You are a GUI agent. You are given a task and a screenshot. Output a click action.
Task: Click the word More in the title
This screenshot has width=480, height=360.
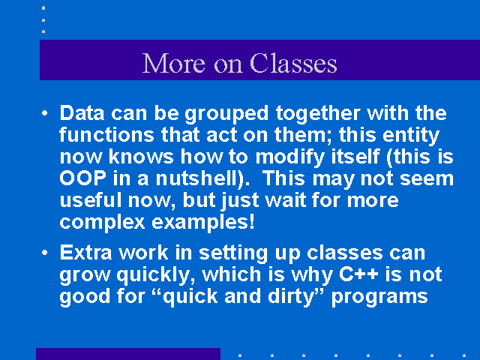tap(173, 63)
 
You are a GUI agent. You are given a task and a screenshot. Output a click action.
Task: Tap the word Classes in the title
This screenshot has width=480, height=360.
tap(293, 63)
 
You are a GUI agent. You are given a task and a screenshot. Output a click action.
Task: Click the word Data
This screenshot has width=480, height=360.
tap(82, 113)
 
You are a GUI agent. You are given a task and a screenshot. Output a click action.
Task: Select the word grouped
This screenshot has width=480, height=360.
tap(226, 115)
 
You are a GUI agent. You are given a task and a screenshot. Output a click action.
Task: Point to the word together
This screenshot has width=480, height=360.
tap(318, 115)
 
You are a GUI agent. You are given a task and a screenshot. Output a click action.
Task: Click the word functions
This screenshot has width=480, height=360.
tap(106, 135)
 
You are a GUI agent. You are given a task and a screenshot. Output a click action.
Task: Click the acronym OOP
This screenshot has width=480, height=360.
tap(83, 178)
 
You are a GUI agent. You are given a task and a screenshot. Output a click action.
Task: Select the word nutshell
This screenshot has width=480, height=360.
tap(199, 178)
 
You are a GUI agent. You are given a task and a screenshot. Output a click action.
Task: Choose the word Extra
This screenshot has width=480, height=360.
tap(85, 253)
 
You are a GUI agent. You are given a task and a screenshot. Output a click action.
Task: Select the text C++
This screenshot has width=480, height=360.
tap(358, 274)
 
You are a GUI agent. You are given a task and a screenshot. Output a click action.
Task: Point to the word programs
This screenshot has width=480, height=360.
tap(379, 298)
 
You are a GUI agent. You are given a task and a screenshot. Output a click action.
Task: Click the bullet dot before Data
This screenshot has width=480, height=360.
tap(45, 113)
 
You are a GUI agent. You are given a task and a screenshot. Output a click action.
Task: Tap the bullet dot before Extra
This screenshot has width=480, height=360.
tap(45, 253)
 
